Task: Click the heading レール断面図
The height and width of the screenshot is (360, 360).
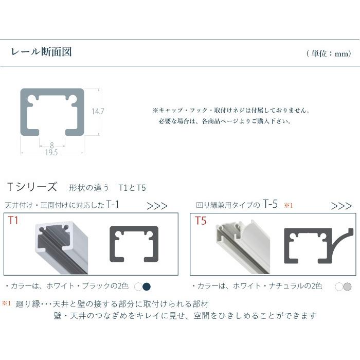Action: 41,52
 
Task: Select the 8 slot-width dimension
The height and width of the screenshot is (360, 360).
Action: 52,145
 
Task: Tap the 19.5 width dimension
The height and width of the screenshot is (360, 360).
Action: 51,152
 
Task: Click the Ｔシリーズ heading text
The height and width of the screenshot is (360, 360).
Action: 32,187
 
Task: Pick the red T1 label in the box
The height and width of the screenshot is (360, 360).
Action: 13,221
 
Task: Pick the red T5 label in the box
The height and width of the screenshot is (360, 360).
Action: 201,221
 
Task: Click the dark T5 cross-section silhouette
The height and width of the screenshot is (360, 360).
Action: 316,246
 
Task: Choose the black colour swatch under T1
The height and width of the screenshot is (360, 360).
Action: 147,286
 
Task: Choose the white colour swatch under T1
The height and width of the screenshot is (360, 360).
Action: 138,286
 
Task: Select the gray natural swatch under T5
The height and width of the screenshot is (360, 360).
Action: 348,286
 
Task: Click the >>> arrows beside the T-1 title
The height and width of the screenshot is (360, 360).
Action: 157,206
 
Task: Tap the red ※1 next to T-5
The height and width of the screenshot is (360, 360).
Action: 288,206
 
